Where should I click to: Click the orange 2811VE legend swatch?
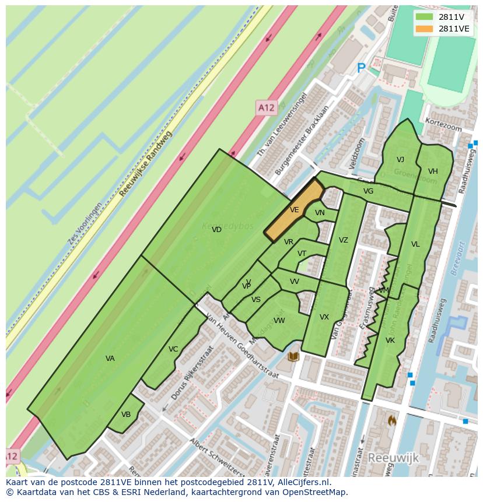pyautogui.click(x=424, y=29)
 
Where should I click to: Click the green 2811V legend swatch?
pyautogui.click(x=424, y=17)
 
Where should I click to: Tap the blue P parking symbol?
pyautogui.click(x=361, y=69)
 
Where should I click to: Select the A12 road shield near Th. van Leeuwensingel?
pyautogui.click(x=266, y=107)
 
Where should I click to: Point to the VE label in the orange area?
pyautogui.click(x=295, y=210)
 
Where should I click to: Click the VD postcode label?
pyautogui.click(x=216, y=230)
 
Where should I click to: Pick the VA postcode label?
pyautogui.click(x=110, y=359)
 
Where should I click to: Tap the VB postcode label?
pyautogui.click(x=126, y=415)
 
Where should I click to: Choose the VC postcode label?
pyautogui.click(x=173, y=349)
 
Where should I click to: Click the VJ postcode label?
pyautogui.click(x=400, y=160)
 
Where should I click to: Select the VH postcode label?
pyautogui.click(x=433, y=171)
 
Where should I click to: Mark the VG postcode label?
pyautogui.click(x=368, y=191)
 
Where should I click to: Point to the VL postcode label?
pyautogui.click(x=415, y=244)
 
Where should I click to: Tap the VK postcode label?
pyautogui.click(x=390, y=340)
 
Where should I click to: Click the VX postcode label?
pyautogui.click(x=324, y=317)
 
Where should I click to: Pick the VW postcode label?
pyautogui.click(x=279, y=321)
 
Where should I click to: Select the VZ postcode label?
pyautogui.click(x=344, y=240)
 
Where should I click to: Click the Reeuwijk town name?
pyautogui.click(x=393, y=458)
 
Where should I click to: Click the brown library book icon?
pyautogui.click(x=293, y=356)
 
